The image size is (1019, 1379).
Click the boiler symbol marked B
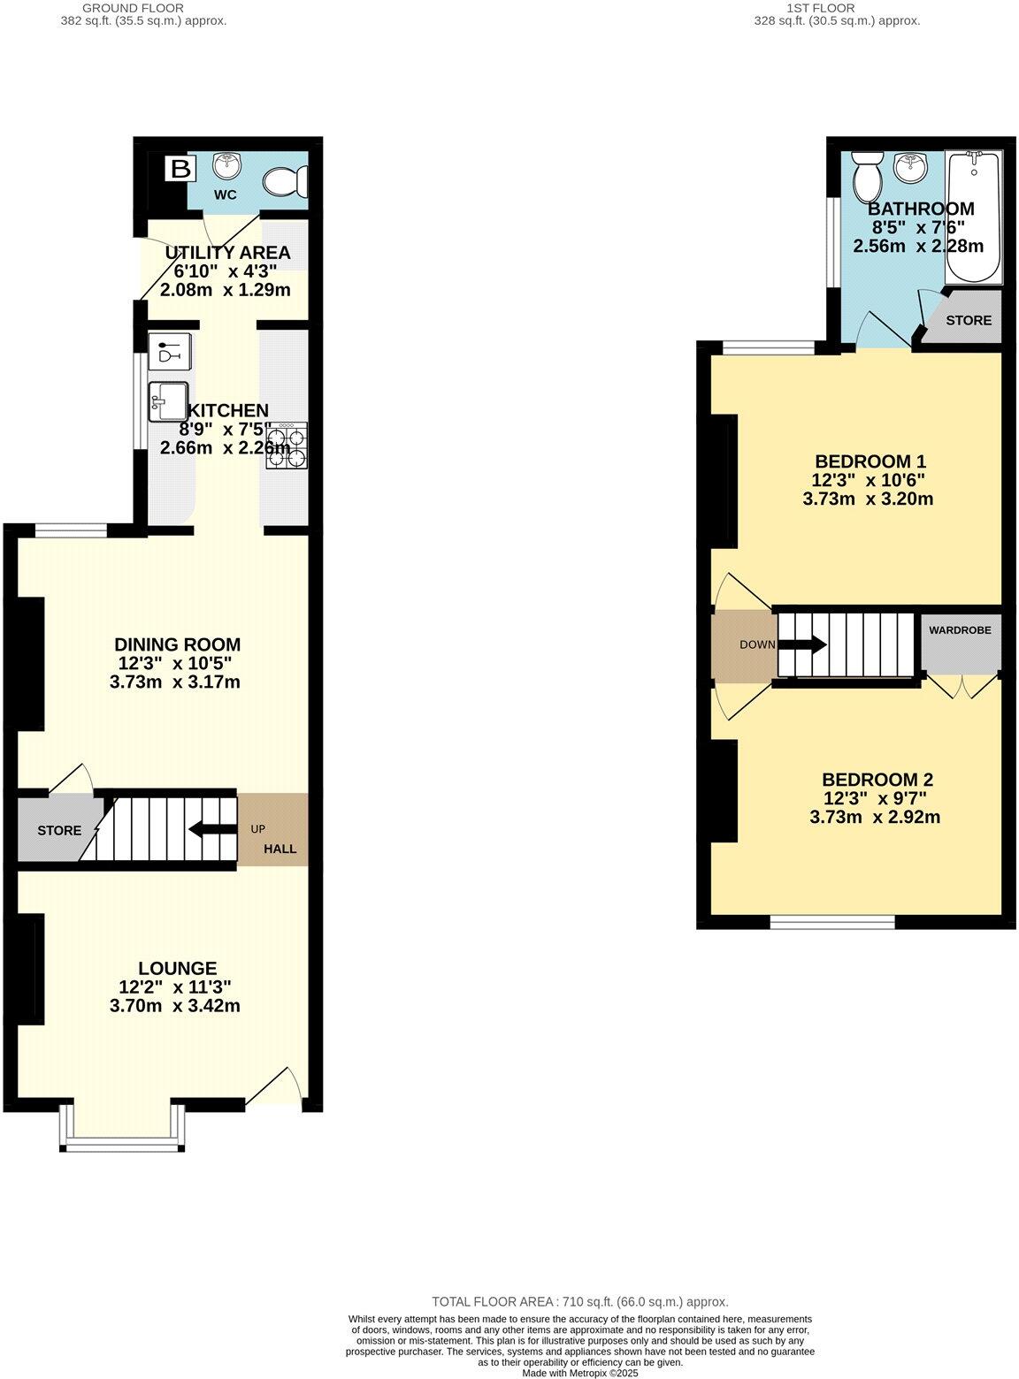coord(180,168)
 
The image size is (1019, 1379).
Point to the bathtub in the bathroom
coord(973,217)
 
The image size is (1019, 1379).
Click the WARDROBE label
coord(960,630)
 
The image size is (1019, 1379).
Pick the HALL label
coord(280,849)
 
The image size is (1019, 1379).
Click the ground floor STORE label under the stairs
coord(59,831)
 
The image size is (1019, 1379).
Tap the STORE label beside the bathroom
coord(969,320)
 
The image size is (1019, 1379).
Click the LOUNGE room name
coord(177,969)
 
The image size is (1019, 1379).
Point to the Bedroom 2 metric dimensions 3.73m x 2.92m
coord(874,818)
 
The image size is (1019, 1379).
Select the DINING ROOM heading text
coord(177,644)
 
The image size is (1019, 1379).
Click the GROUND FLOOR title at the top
coord(133,8)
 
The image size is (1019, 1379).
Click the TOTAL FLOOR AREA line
coord(579,1301)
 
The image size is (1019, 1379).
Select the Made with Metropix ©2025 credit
coord(579,1373)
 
